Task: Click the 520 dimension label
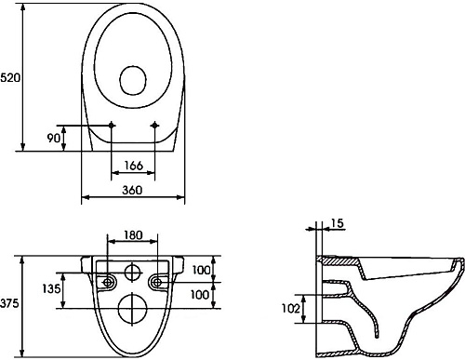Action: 10,77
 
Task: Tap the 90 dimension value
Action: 53,138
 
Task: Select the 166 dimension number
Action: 134,166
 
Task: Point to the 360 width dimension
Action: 132,190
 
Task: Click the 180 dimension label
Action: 133,235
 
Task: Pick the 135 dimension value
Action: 51,289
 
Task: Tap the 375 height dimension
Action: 9,303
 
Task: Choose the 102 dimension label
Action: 291,309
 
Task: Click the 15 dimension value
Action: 338,223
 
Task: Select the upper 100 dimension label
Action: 201,270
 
